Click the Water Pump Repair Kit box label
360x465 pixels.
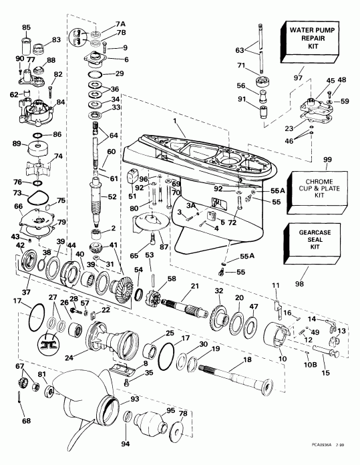pos(315,39)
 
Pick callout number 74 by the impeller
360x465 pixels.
pos(58,156)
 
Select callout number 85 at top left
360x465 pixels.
pos(26,27)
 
